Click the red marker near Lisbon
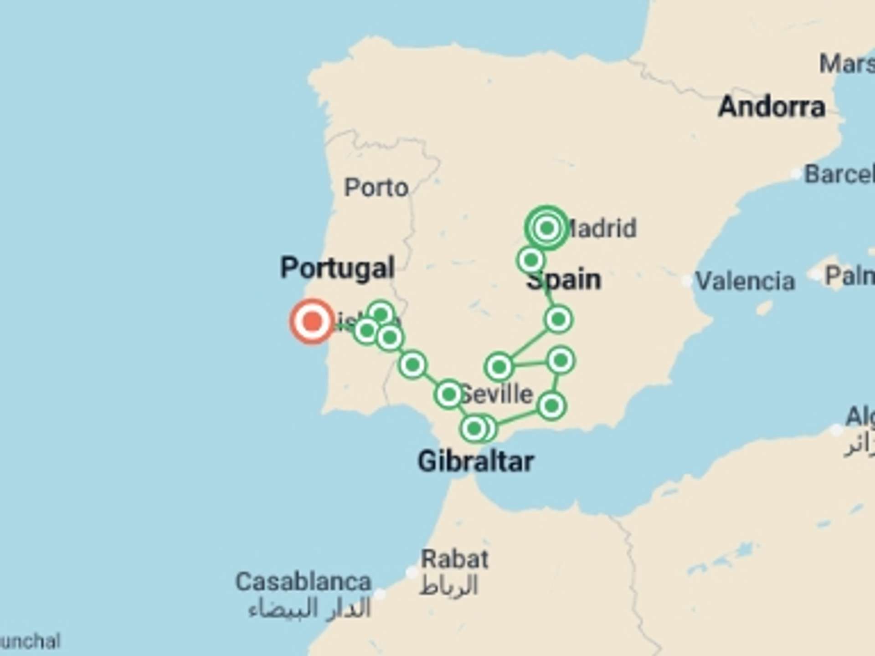tap(312, 321)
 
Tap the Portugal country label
tap(337, 267)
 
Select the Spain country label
tap(564, 280)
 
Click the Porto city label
tap(376, 187)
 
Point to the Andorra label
tap(772, 107)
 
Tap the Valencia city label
tap(745, 281)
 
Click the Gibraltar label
tap(476, 461)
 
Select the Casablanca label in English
tap(304, 582)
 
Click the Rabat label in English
tap(454, 559)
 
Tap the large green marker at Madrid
tap(547, 228)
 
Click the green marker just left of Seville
tap(449, 394)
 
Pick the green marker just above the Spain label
tap(531, 260)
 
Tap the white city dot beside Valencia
tap(687, 281)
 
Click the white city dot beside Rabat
tap(412, 573)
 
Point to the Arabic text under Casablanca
tap(310, 609)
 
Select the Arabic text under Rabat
tap(449, 586)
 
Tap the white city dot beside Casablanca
tap(380, 594)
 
